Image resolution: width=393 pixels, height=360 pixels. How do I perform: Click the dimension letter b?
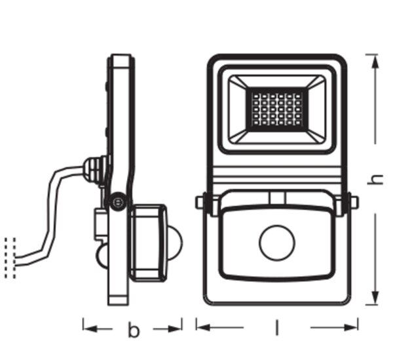point(134,330)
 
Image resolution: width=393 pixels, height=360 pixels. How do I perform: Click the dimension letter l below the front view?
point(276,327)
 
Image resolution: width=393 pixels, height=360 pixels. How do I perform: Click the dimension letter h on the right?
point(375,179)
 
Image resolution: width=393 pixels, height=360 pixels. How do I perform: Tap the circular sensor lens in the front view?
point(277,243)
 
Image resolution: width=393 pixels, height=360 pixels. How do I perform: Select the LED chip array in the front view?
point(276,109)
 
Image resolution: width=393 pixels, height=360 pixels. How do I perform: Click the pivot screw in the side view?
point(117,201)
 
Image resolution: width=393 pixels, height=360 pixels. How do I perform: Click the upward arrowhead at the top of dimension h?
point(375,62)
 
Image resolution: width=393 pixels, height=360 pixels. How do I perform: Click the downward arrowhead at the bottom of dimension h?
point(375,298)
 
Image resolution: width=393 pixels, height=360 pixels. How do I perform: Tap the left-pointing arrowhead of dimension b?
point(90,329)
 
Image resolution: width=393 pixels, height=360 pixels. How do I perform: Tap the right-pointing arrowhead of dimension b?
point(175,329)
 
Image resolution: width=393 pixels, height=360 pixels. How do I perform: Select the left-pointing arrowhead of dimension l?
point(204,327)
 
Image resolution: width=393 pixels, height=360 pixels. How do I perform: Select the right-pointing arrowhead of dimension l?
point(350,327)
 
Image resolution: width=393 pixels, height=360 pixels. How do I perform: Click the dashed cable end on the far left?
point(10,258)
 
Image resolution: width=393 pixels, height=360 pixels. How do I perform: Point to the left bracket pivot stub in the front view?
point(200,202)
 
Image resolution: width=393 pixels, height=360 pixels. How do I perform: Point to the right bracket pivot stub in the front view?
point(354,202)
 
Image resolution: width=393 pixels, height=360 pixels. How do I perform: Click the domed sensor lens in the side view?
point(175,243)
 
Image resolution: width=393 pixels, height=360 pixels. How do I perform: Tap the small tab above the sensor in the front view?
point(277,198)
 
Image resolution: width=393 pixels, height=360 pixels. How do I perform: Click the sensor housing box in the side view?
point(148,243)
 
